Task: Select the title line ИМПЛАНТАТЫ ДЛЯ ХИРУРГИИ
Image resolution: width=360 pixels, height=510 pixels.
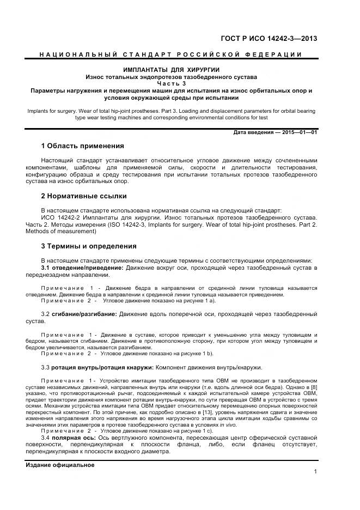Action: [171, 70]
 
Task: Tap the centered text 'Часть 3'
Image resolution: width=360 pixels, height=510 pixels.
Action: [171, 83]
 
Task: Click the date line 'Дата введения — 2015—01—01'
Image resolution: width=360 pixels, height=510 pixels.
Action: [275, 132]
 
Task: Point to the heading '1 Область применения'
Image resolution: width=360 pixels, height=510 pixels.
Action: [82, 146]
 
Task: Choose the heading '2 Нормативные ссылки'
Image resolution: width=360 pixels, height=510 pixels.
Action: [84, 196]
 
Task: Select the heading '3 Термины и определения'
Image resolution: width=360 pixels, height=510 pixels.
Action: [89, 246]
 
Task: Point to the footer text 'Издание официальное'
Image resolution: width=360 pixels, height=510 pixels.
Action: [60, 465]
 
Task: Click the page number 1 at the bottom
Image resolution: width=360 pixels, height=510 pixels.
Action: [315, 471]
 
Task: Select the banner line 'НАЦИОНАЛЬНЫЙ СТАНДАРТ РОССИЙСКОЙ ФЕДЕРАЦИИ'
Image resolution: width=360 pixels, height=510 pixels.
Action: [171, 55]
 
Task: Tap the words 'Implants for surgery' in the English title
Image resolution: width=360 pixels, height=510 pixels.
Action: [52, 111]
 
